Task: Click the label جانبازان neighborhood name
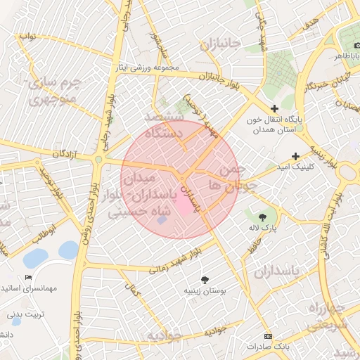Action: pyautogui.click(x=219, y=44)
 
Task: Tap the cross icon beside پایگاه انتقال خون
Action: pyautogui.click(x=265, y=108)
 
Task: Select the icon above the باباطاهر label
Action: pyautogui.click(x=349, y=41)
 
